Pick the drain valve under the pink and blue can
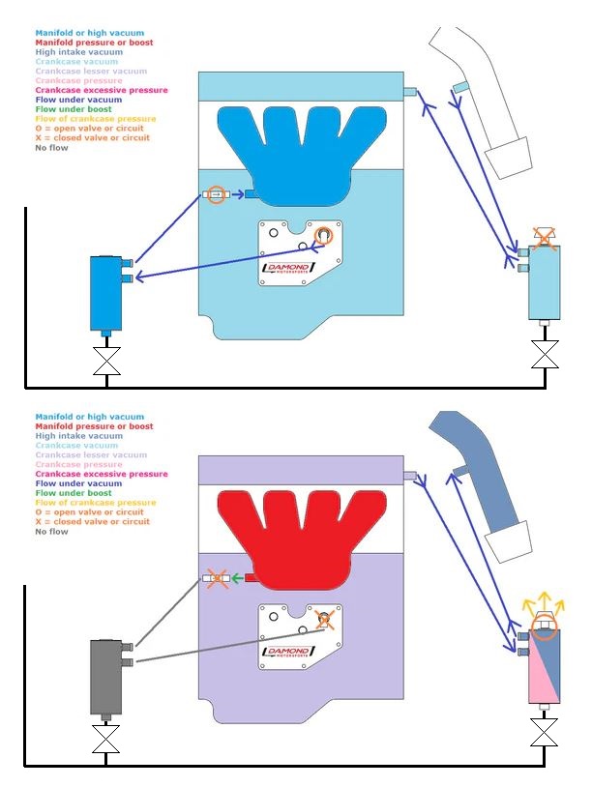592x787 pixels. pyautogui.click(x=546, y=739)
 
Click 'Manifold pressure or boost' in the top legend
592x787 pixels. pyautogui.click(x=94, y=43)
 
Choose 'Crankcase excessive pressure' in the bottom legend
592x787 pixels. pyautogui.click(x=101, y=474)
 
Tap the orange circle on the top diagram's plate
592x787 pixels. pyautogui.click(x=324, y=235)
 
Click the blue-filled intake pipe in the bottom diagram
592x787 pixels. pyautogui.click(x=479, y=483)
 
